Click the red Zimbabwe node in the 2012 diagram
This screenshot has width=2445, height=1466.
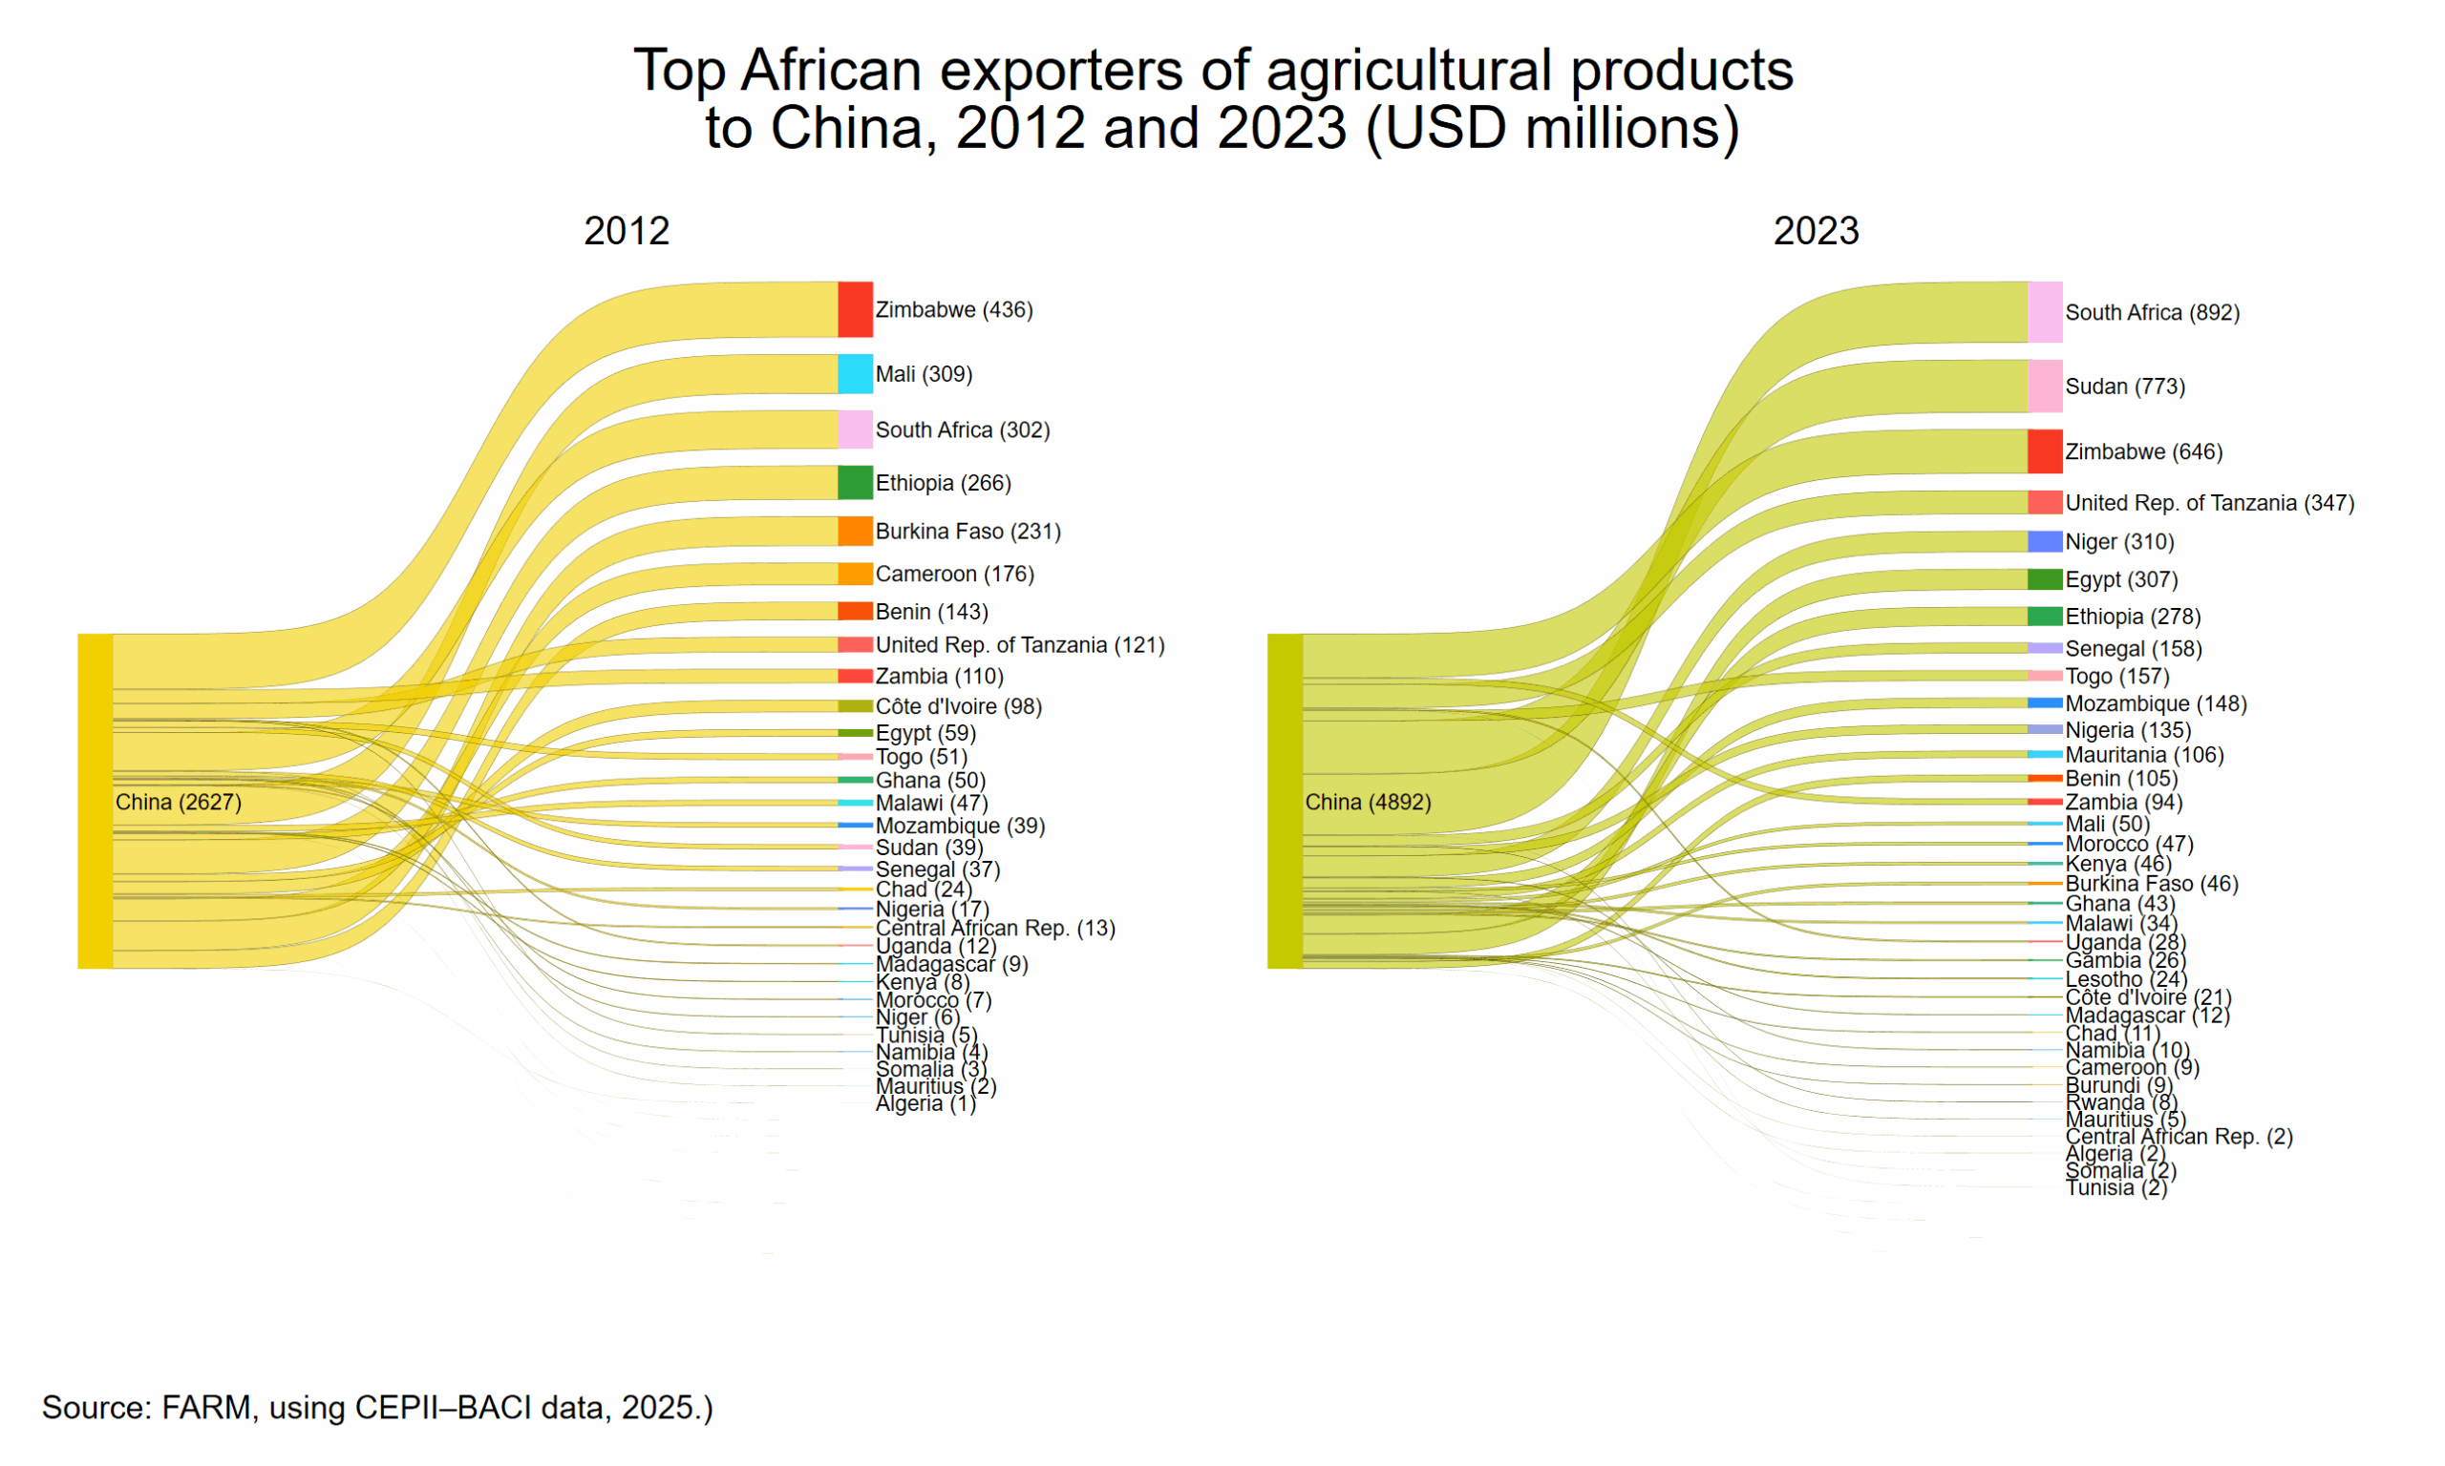click(855, 309)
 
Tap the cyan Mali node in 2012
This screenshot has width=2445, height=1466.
click(855, 373)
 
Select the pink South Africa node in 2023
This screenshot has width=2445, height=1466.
click(2044, 312)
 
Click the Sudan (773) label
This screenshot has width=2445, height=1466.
click(2124, 387)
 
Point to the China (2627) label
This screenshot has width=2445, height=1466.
click(178, 801)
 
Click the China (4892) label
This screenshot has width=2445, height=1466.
click(1367, 801)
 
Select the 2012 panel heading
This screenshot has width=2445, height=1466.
click(627, 231)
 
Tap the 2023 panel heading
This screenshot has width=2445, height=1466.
click(1816, 231)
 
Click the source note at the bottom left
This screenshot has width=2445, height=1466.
click(376, 1407)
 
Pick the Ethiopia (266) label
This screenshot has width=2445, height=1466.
click(943, 483)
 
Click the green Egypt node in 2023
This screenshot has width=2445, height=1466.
click(2044, 579)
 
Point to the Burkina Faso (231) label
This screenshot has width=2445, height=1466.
click(967, 532)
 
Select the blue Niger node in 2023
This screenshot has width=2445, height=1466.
click(2044, 541)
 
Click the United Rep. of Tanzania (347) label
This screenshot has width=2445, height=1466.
click(2209, 503)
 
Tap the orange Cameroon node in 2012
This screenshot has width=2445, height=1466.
click(855, 574)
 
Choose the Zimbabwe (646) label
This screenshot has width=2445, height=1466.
click(2142, 451)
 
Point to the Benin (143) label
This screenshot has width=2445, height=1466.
click(931, 612)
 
